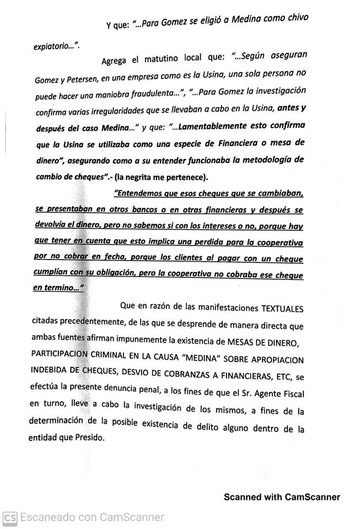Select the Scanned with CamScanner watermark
click(282, 497)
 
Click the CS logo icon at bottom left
click(9, 517)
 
